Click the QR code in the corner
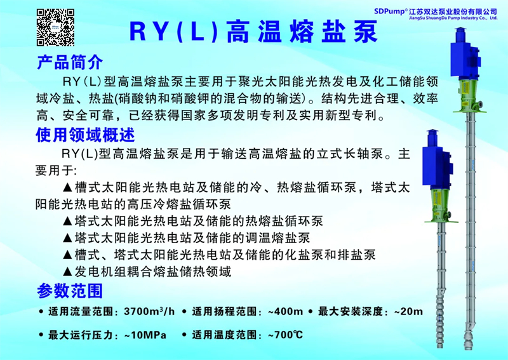(x=55, y=27)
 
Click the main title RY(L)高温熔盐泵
(x=253, y=32)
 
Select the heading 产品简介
(x=70, y=62)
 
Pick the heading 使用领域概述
(x=85, y=135)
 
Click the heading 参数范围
(x=70, y=291)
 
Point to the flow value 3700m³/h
(x=149, y=311)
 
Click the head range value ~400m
(x=285, y=312)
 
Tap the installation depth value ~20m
(x=408, y=312)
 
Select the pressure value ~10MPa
(x=145, y=335)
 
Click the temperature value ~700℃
(x=285, y=335)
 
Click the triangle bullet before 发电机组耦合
(x=67, y=272)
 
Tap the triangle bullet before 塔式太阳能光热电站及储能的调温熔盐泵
(x=67, y=238)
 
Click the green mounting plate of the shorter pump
(x=441, y=222)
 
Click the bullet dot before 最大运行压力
(x=41, y=335)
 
